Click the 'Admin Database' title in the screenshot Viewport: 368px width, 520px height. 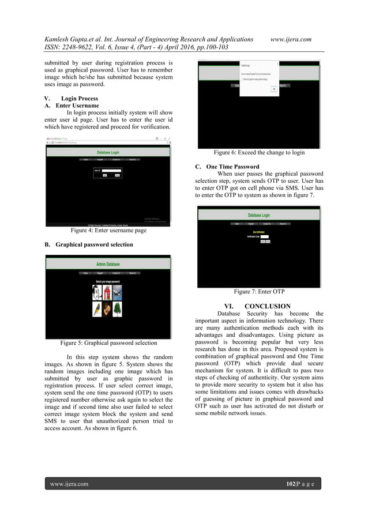click(x=108, y=264)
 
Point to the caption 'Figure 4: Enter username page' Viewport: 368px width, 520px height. click(x=108, y=231)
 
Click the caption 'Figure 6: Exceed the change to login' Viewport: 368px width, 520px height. click(x=259, y=153)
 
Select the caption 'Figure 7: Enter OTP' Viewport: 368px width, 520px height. click(x=259, y=292)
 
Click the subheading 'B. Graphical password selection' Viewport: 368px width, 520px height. click(x=89, y=244)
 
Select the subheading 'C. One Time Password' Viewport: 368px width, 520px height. click(x=228, y=167)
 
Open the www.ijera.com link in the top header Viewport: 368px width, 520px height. click(x=291, y=39)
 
